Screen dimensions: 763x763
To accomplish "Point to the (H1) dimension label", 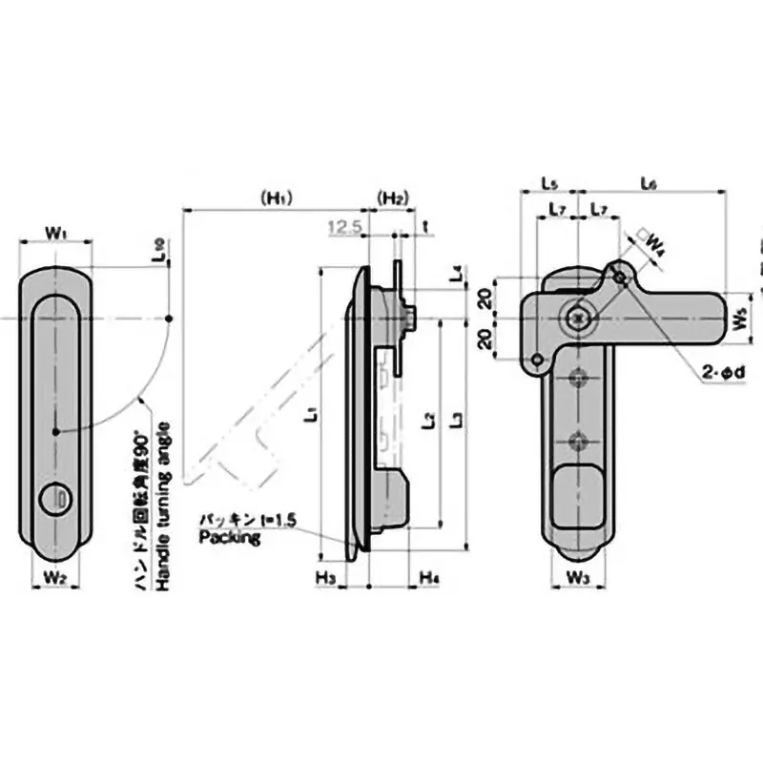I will pos(277,198).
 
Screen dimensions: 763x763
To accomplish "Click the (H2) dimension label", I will pos(393,198).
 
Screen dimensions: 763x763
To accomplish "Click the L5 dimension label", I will pos(549,181).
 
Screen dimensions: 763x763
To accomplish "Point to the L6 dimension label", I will pos(649,181).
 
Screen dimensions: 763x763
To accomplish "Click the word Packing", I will pos(229,538).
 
